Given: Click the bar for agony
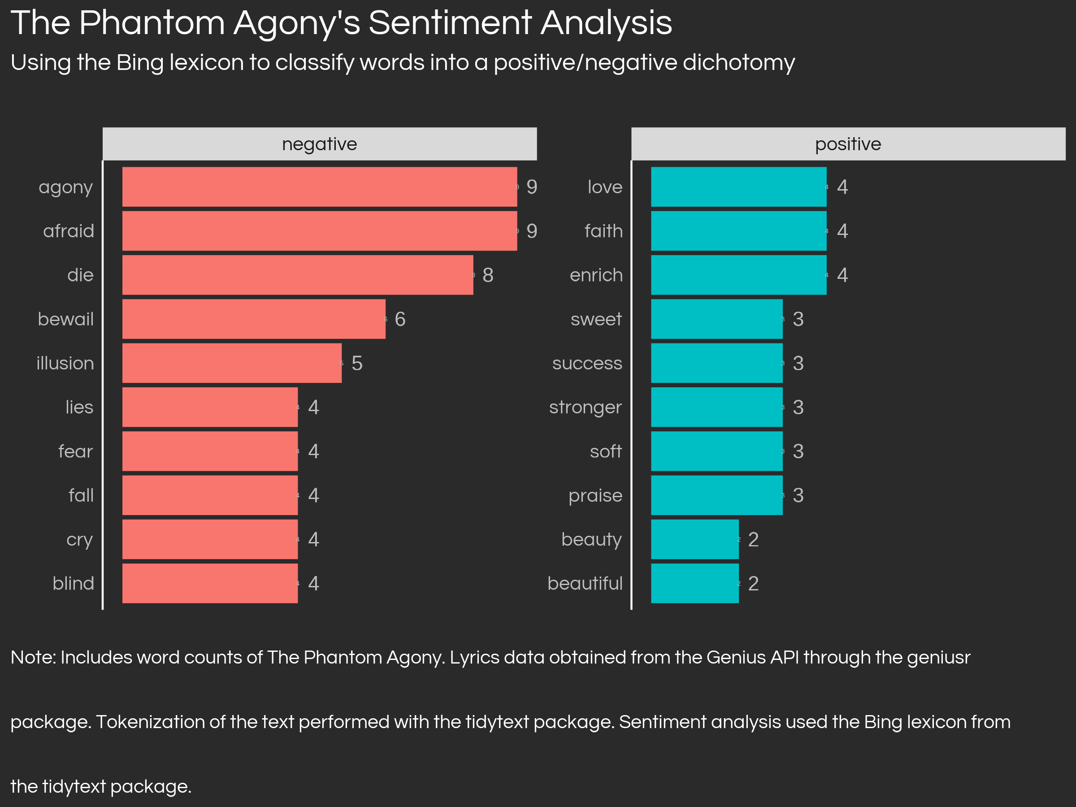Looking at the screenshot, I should [319, 187].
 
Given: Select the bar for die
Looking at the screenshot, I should [297, 275].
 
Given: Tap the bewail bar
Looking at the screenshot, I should [253, 319].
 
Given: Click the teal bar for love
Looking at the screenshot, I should [738, 187].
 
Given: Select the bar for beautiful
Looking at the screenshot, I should [694, 583].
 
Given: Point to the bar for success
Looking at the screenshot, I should [716, 363].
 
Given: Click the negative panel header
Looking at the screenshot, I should [320, 144].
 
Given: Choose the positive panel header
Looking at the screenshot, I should [848, 144].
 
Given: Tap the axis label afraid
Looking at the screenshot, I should [69, 231].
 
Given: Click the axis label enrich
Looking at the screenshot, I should [596, 275].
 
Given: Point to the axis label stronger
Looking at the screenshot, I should [585, 408].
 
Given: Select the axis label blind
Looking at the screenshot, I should [73, 583].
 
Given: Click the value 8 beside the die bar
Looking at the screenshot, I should [488, 275].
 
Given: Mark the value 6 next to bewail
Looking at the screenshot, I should [400, 319].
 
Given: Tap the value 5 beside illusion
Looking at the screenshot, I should [356, 363].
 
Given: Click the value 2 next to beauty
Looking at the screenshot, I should [753, 539].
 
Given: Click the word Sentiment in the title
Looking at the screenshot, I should [450, 23].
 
